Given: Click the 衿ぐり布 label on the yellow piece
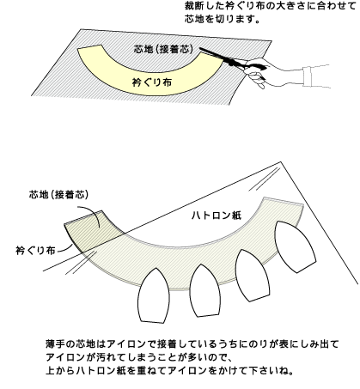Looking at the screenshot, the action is [152, 82].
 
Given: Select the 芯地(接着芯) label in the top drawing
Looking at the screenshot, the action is [164, 49].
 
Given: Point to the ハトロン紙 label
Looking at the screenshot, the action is [216, 215].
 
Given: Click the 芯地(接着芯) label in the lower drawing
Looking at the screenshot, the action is [58, 194].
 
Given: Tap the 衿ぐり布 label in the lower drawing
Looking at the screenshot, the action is [35, 251].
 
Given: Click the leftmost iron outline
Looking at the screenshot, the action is [152, 295].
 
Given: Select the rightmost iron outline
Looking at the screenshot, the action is [295, 246].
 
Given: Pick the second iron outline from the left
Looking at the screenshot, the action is [204, 290].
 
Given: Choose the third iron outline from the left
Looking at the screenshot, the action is [252, 275].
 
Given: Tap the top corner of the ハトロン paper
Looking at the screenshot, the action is [281, 162].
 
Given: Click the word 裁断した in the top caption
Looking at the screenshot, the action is [202, 6].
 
